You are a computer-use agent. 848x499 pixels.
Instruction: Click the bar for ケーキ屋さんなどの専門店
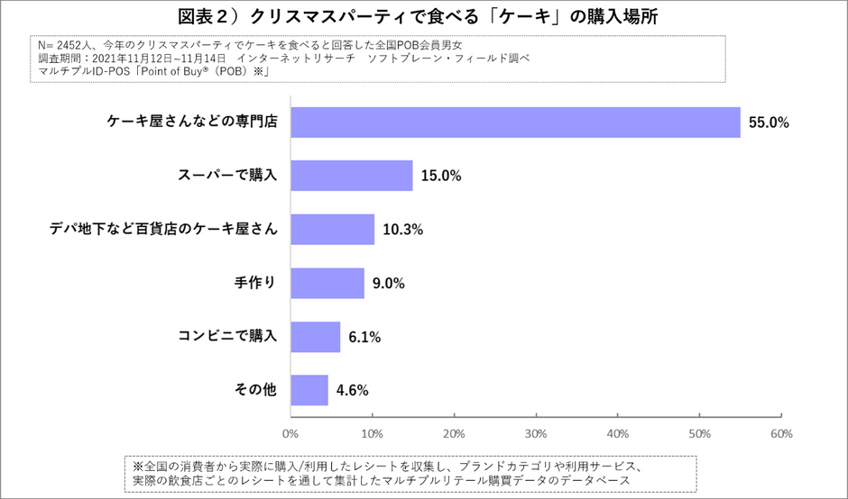click(515, 122)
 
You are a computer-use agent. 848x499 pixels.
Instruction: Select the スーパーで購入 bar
click(352, 176)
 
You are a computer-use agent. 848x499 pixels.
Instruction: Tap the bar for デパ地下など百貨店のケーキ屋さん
click(332, 230)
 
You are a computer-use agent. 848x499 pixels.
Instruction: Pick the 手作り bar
click(327, 283)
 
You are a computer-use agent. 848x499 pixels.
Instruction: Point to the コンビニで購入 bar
click(315, 337)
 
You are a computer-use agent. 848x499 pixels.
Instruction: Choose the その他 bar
click(309, 390)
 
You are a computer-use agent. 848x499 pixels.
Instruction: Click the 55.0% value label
click(768, 122)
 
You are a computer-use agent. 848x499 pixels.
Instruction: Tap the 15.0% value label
click(441, 177)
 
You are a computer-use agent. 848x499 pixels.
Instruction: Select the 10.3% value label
click(402, 230)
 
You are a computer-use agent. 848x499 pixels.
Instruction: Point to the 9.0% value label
click(389, 284)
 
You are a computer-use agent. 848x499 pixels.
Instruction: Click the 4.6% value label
click(352, 391)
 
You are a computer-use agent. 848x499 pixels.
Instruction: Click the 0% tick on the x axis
click(290, 433)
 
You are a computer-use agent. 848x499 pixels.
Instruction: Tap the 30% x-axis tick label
click(536, 433)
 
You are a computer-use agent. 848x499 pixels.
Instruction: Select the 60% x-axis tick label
click(780, 433)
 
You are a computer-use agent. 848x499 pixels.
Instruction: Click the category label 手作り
click(254, 283)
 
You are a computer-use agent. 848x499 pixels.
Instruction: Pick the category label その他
click(254, 390)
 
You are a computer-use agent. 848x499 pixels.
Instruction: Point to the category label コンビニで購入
click(228, 337)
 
